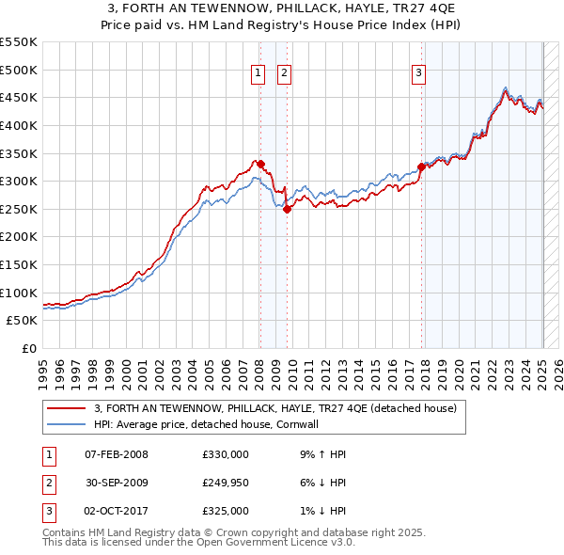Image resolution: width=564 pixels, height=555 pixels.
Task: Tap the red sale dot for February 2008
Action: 260,164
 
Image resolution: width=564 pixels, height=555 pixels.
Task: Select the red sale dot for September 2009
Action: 288,209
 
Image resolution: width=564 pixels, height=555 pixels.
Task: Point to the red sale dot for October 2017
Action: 421,167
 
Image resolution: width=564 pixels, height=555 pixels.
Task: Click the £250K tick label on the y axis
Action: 19,209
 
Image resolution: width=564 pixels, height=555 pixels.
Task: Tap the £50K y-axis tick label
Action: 23,321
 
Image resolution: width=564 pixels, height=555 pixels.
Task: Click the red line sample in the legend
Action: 67,408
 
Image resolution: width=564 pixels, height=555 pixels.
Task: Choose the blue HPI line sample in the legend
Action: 67,424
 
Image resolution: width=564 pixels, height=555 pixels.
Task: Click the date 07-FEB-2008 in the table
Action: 116,454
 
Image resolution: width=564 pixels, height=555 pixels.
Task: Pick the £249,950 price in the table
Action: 227,483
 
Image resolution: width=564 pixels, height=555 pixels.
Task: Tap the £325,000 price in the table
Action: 227,511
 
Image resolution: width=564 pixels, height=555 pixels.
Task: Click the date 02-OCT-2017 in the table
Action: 116,511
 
